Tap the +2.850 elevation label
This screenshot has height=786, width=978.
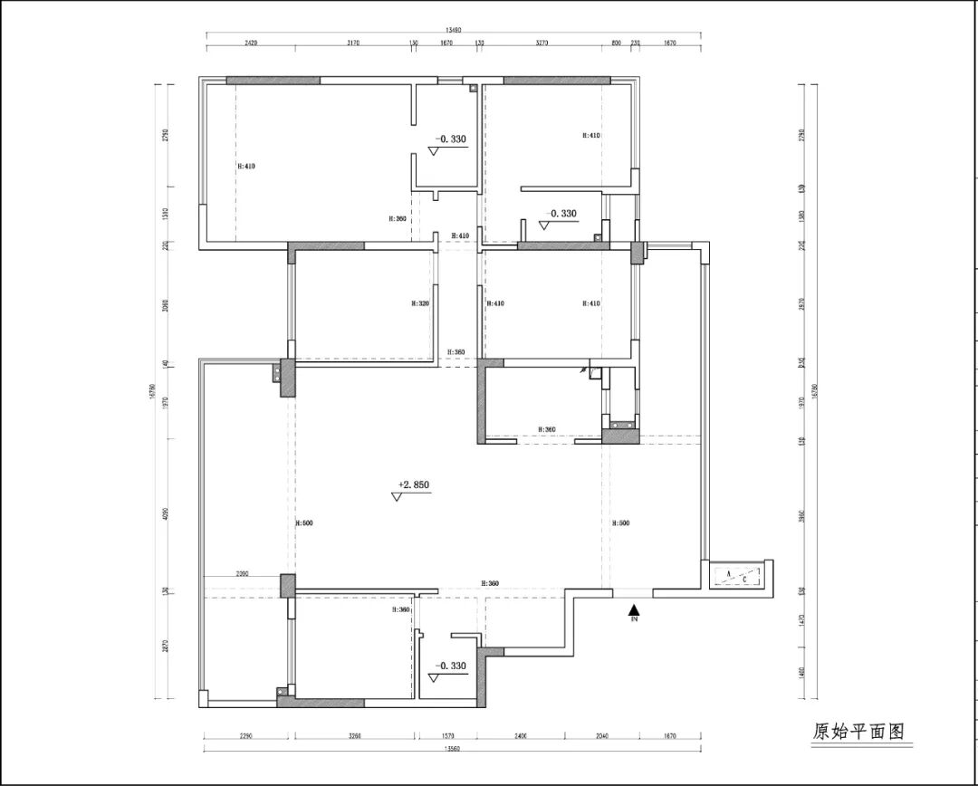(413, 484)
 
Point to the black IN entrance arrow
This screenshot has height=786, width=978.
(635, 613)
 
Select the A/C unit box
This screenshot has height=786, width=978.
(739, 576)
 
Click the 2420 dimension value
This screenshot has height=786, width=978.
(252, 43)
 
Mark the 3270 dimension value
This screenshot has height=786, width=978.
(542, 43)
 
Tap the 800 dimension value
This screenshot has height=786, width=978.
(616, 43)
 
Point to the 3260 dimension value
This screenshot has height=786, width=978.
(353, 736)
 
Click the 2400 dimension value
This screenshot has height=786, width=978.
(520, 736)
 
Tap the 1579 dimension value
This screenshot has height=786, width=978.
(449, 736)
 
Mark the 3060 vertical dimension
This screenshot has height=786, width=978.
(165, 305)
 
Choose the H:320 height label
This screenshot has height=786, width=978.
(419, 304)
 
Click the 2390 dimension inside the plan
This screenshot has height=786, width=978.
(243, 573)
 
